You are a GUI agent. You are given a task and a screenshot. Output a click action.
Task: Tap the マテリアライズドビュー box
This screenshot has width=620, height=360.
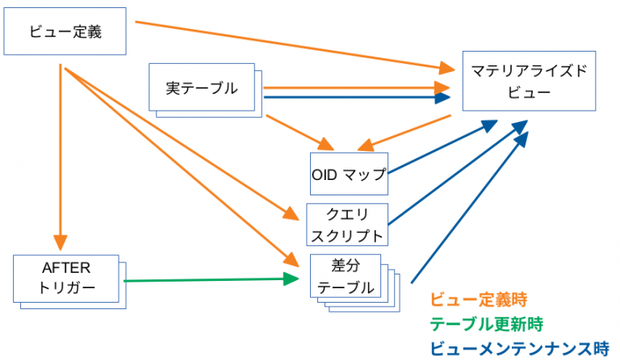coord(529,82)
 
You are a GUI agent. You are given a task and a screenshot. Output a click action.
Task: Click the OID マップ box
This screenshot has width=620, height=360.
coord(349,174)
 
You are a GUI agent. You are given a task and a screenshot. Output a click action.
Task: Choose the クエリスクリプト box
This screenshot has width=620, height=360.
coord(347,224)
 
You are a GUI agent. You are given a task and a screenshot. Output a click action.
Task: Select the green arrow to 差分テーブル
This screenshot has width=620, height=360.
coord(210,280)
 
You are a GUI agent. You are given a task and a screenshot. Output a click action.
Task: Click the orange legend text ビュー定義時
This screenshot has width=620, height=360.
coord(478,301)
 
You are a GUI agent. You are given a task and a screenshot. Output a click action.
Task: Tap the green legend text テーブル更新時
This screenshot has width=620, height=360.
coord(486,324)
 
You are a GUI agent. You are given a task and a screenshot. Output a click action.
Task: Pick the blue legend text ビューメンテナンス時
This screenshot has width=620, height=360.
coord(518,348)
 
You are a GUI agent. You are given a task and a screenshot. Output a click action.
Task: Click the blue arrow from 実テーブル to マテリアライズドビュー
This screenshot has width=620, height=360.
coord(355,98)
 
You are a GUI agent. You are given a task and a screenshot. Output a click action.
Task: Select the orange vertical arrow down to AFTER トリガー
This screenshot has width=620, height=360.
coord(60,153)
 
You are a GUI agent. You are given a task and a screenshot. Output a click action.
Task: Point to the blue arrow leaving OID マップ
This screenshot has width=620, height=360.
coord(440,147)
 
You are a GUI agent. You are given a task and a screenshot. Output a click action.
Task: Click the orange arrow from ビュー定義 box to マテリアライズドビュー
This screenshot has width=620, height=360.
coord(291,44)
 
